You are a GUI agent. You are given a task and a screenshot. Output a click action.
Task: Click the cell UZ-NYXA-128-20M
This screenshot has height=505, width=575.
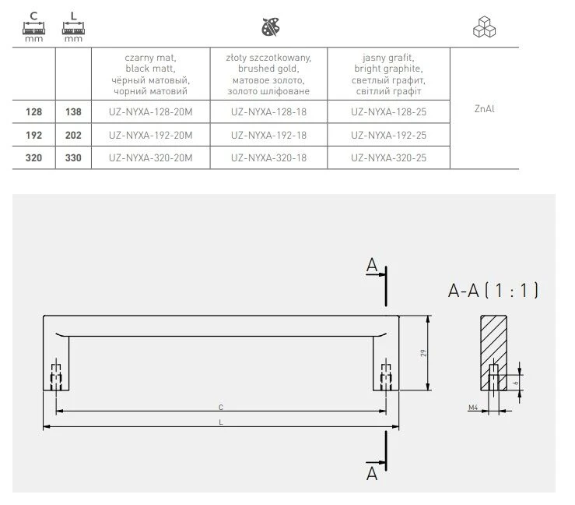click(x=150, y=111)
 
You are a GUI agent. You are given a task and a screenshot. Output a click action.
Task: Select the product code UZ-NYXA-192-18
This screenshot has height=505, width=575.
click(x=268, y=135)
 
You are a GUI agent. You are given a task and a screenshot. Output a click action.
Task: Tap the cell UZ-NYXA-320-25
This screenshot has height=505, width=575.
click(x=388, y=158)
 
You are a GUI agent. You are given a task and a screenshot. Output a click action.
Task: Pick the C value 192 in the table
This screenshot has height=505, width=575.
click(x=33, y=135)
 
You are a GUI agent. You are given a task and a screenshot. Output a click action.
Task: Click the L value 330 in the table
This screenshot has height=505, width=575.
click(x=73, y=158)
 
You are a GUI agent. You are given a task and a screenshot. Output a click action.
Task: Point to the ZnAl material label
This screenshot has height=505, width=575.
click(x=485, y=108)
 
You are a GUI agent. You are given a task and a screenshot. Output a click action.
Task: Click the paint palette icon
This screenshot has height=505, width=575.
click(x=271, y=26)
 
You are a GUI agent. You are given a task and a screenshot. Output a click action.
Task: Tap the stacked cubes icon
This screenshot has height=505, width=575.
click(x=485, y=26)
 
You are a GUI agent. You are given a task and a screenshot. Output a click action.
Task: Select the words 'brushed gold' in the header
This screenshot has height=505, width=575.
click(x=268, y=69)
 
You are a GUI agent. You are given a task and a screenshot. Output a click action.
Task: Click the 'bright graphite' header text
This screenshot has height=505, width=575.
click(x=388, y=69)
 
